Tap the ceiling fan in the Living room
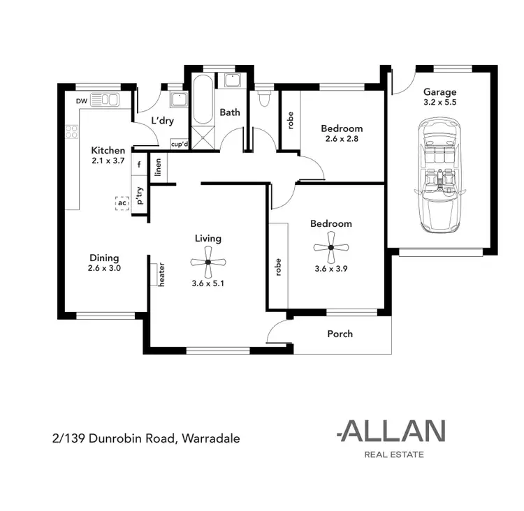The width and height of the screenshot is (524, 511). click(208, 262)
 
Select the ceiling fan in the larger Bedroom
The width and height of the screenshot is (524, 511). click(331, 246)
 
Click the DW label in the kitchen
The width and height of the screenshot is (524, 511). click(82, 102)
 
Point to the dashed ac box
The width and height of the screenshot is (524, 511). click(122, 203)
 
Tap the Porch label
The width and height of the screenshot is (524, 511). click(340, 334)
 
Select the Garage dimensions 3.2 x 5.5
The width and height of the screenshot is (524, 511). click(440, 102)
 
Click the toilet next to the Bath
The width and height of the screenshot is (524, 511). click(263, 101)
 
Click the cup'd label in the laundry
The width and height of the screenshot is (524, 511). click(180, 144)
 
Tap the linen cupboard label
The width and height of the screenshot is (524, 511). click(159, 167)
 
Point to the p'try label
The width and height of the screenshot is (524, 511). click(140, 195)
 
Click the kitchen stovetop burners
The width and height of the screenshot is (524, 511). click(71, 131)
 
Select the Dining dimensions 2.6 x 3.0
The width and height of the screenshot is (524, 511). click(105, 268)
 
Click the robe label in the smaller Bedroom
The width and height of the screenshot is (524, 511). click(290, 120)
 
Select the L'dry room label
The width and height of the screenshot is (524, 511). click(162, 121)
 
